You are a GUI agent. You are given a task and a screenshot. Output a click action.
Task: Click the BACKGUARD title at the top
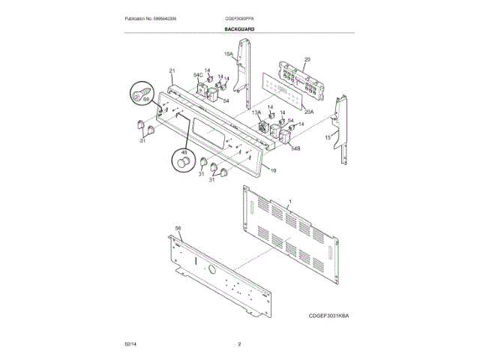239,28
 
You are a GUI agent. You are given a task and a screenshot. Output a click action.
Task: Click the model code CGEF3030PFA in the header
239,18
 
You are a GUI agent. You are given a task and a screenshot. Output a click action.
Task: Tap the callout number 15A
229,54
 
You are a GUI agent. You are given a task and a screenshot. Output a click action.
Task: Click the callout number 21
172,70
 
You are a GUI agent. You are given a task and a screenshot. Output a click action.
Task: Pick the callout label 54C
199,75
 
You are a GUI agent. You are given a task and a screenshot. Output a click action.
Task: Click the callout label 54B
295,148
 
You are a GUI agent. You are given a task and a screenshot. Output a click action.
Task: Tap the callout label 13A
256,112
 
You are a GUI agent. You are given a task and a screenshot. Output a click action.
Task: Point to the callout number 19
273,172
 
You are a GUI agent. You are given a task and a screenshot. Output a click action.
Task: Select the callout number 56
178,228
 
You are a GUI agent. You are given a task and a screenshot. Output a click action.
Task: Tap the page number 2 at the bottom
239,343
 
